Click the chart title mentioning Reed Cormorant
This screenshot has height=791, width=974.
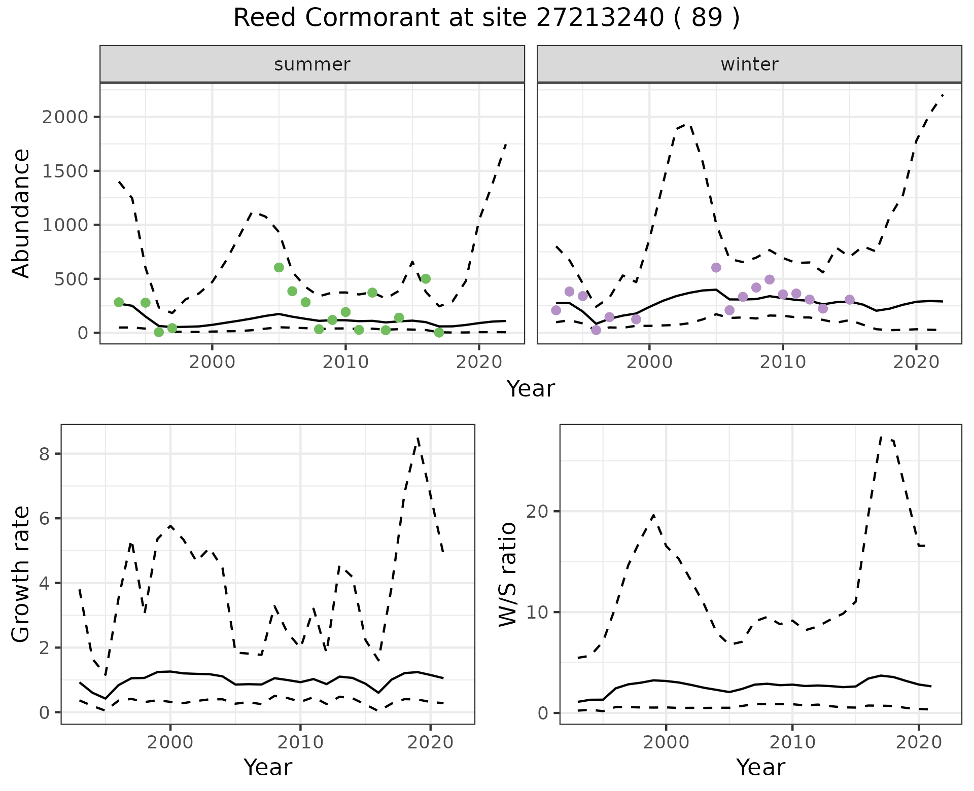coord(486,19)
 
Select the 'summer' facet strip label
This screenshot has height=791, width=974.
coord(312,64)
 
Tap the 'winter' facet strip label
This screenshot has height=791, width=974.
coord(749,64)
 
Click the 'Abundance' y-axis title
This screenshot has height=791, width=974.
coord(21,213)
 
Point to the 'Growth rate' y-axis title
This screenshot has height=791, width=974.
coord(21,574)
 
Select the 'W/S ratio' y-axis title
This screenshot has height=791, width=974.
coord(507,574)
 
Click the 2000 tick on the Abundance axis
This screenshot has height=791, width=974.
coord(65,117)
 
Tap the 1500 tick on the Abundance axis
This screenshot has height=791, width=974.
coord(65,171)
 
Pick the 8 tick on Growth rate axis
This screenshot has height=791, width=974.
coord(45,454)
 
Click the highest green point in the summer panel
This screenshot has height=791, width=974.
coord(279,267)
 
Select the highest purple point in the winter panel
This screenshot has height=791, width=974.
coord(716,267)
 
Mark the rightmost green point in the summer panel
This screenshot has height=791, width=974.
coord(439,333)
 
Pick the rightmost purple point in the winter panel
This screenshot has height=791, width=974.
coord(850,300)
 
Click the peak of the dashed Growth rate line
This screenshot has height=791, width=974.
coord(418,437)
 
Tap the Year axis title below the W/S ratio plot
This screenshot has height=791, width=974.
coord(760,767)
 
